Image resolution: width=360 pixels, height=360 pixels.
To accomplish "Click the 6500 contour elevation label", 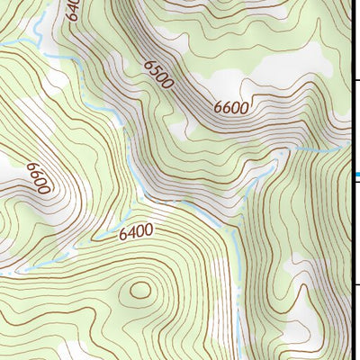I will pos(157,75).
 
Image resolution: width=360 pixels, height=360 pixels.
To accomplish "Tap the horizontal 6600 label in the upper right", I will pos(231,106).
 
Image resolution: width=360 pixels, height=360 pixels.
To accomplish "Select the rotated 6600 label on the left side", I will pos(37,177).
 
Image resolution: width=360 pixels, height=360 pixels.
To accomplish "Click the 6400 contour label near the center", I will pos(136,232).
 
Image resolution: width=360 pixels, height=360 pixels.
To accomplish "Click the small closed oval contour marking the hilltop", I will pos(140,290).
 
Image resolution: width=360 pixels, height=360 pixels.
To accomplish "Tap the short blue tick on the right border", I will pos(356,175).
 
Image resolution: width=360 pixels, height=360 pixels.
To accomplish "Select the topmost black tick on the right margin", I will pos(355,81).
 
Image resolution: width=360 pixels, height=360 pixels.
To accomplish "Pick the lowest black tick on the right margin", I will pos(355,286).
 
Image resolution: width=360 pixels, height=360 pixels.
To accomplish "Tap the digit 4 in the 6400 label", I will pos(129,233).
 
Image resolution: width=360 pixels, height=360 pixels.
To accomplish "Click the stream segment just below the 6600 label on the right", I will pos(297,147).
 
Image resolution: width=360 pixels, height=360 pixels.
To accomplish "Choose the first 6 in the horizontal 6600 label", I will pos(219,109).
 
